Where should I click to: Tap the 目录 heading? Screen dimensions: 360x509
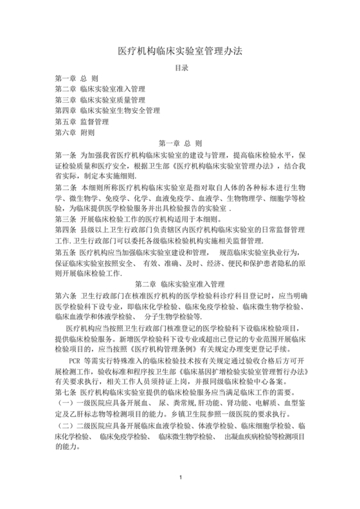click(181, 67)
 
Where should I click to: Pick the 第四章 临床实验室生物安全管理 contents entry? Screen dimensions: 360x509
click(107, 111)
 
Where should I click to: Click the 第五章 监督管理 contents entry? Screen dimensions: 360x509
click(82, 121)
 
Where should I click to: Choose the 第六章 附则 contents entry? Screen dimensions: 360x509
click(75, 132)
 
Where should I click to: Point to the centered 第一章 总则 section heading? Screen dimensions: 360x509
click(180, 143)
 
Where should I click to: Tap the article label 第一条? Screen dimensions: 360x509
click(66, 155)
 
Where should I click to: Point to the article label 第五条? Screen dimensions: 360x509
click(66, 253)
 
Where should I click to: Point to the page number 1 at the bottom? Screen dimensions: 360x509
click(181, 494)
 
